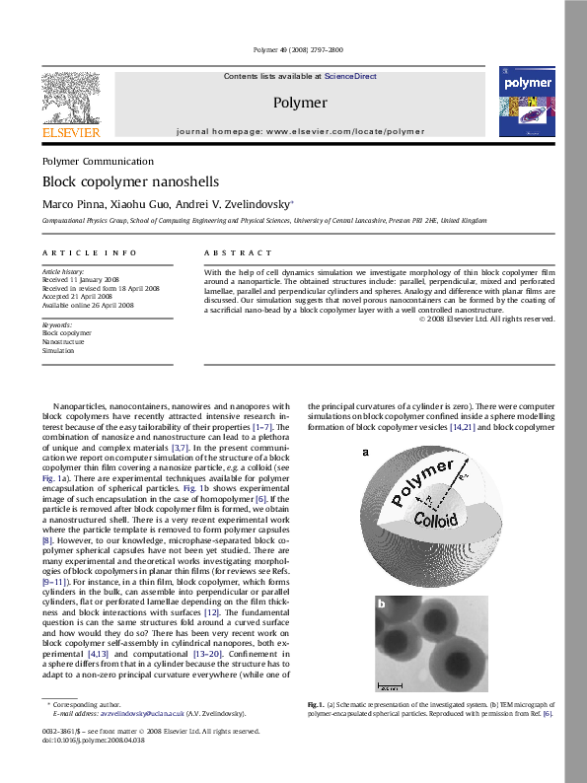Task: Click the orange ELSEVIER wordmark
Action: click(x=70, y=131)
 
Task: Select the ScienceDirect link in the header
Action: click(x=350, y=76)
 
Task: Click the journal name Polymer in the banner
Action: click(x=300, y=103)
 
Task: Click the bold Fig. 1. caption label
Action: click(x=316, y=705)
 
